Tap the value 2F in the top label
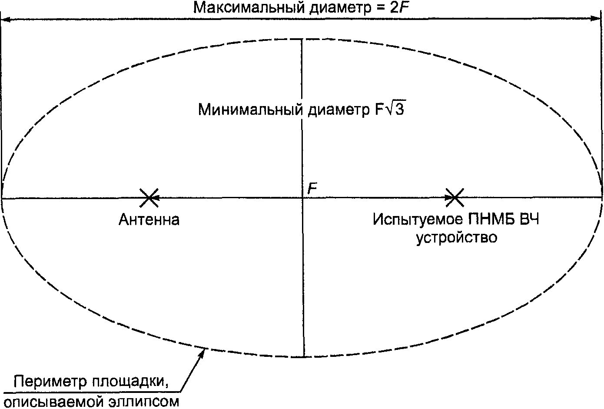pos(400,7)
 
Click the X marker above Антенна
pos(149,198)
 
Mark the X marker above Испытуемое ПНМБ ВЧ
pos(455,198)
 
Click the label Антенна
pos(149,220)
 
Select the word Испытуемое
pos(418,219)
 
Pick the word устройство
pos(457,238)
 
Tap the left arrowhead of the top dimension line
pos(5,19)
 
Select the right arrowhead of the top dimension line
pos(598,19)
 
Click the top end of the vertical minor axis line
pos(302,39)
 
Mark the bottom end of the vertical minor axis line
pos(304,357)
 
